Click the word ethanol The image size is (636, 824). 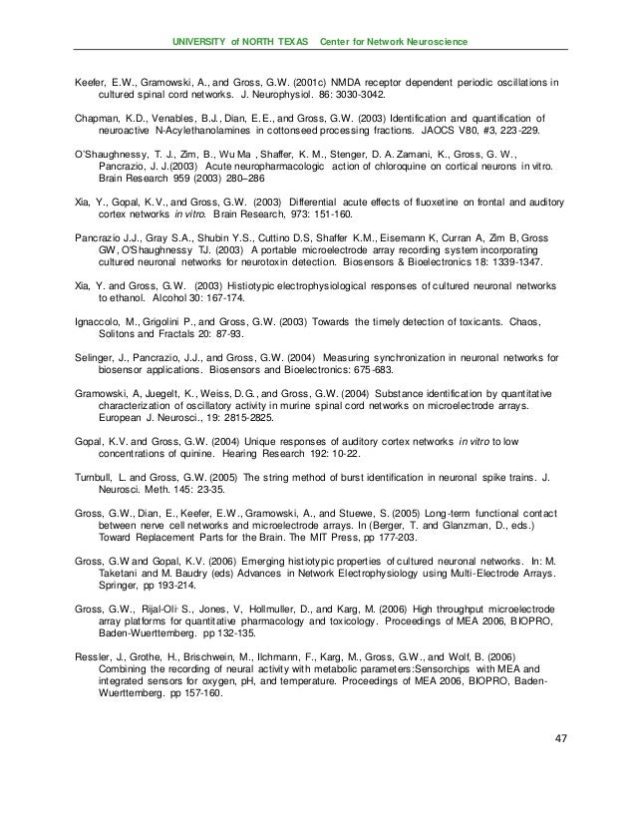tap(117, 297)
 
